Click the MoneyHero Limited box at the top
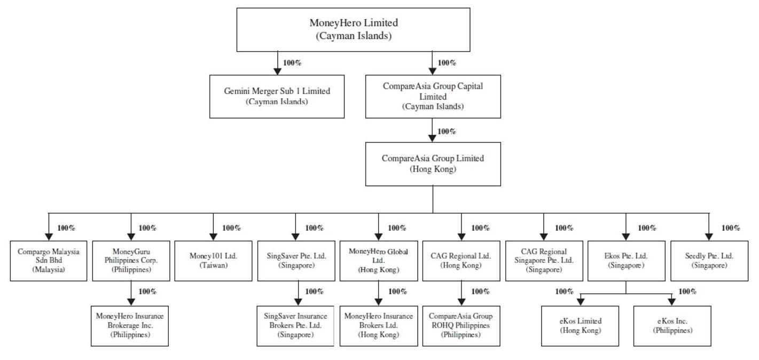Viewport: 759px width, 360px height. pyautogui.click(x=354, y=29)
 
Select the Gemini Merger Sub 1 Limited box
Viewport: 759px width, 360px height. pyautogui.click(x=277, y=96)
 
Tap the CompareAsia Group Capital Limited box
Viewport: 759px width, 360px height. pyautogui.click(x=433, y=96)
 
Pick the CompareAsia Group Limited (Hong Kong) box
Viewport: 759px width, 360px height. pyautogui.click(x=433, y=163)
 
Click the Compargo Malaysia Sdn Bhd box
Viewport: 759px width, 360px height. pyautogui.click(x=48, y=261)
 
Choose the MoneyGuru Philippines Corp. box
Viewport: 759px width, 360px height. pyautogui.click(x=131, y=261)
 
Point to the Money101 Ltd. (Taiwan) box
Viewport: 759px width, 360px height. pyautogui.click(x=213, y=261)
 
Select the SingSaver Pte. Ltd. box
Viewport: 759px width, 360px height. pyautogui.click(x=296, y=261)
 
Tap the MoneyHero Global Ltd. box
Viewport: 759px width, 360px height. pyautogui.click(x=379, y=261)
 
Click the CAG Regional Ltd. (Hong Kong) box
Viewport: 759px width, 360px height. pyautogui.click(x=461, y=261)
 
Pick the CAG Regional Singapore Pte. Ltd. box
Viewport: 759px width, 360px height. pyautogui.click(x=544, y=261)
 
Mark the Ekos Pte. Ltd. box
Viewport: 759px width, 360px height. pyautogui.click(x=626, y=261)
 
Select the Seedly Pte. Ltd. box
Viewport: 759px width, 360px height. pyautogui.click(x=709, y=261)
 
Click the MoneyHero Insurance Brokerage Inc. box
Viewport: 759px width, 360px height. pyautogui.click(x=130, y=326)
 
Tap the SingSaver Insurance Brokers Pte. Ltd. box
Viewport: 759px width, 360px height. pyautogui.click(x=295, y=326)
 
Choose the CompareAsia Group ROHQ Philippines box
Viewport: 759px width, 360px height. pyautogui.click(x=461, y=326)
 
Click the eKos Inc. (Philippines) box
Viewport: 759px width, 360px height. pyautogui.click(x=672, y=326)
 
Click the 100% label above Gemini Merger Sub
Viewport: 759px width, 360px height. pyautogui.click(x=292, y=63)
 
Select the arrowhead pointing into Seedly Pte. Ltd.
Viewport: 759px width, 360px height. pyautogui.click(x=709, y=237)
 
